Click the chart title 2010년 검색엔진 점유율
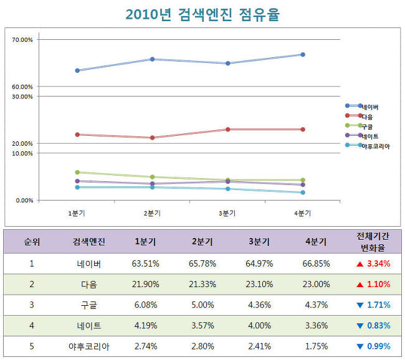coord(202,15)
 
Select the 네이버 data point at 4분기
coord(302,55)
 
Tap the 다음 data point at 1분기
coord(77,135)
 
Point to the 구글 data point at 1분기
coord(77,172)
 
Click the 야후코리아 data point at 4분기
coord(302,192)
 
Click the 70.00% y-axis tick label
coord(23,40)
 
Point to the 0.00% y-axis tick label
coord(24,201)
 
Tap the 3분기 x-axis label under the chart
coord(227,213)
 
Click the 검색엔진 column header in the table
coord(89,242)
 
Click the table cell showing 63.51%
coord(145,263)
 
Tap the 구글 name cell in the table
coord(89,305)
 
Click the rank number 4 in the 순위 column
coord(31,325)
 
